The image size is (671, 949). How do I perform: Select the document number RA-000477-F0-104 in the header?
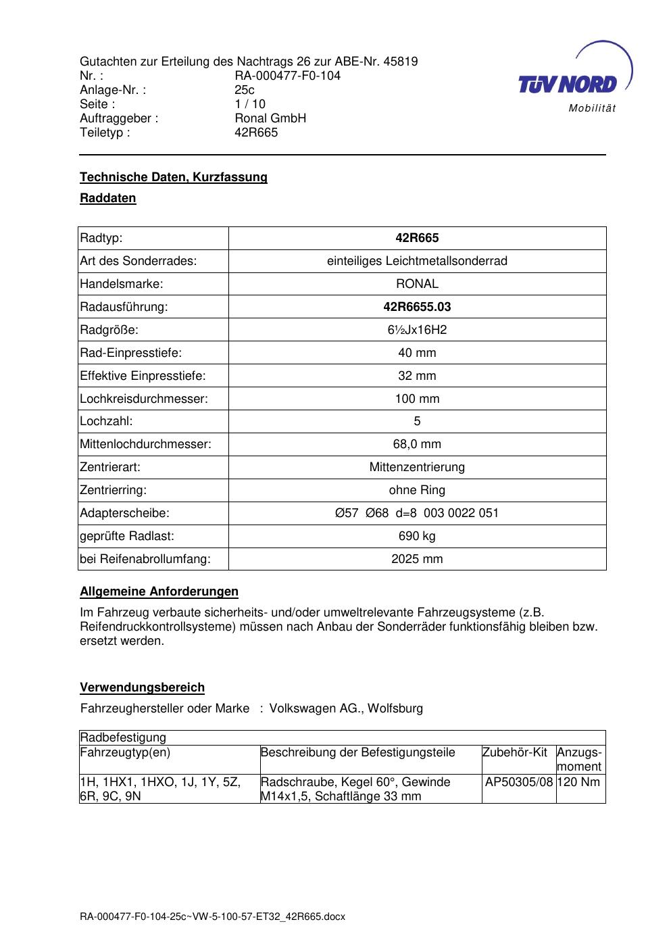(287, 76)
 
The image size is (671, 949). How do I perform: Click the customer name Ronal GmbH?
(270, 118)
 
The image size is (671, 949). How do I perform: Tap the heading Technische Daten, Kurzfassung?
(174, 177)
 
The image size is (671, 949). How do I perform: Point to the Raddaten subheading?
(108, 198)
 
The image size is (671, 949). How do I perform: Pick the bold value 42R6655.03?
(417, 307)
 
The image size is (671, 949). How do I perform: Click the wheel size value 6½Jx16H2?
(417, 330)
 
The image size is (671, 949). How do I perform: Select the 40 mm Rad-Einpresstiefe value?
(417, 353)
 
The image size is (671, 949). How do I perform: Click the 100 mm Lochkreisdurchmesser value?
(417, 399)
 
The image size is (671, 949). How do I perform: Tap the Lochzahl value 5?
(417, 421)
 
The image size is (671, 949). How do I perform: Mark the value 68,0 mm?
(417, 444)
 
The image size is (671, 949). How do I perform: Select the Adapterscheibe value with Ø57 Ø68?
(417, 513)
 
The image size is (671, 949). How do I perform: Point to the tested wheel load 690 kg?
(417, 536)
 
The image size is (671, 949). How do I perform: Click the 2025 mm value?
(417, 559)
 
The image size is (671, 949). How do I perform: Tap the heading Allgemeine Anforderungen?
(159, 591)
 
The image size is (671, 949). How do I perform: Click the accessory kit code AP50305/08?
(519, 782)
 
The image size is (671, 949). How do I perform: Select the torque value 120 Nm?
(580, 782)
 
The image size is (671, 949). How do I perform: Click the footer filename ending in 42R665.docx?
(212, 917)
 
